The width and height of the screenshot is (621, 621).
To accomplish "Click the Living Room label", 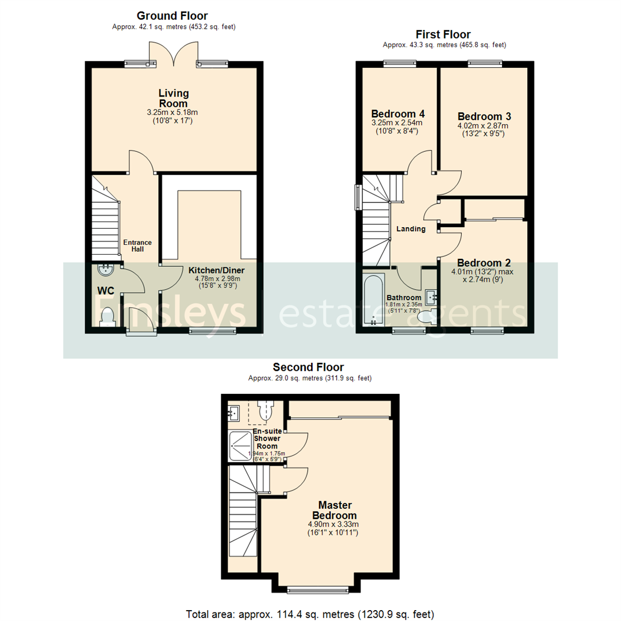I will (x=174, y=98).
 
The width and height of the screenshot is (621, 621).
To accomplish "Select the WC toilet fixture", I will (x=108, y=317).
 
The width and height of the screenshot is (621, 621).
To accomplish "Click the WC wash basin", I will (x=106, y=269).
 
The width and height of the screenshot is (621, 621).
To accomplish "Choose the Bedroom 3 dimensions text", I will (x=483, y=130).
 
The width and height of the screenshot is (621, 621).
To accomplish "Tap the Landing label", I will (x=411, y=229).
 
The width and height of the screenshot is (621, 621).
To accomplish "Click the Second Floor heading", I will (x=308, y=367).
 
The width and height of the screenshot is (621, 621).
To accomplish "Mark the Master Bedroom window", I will (x=317, y=589).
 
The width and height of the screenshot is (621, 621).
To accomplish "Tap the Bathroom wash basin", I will (x=431, y=297).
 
